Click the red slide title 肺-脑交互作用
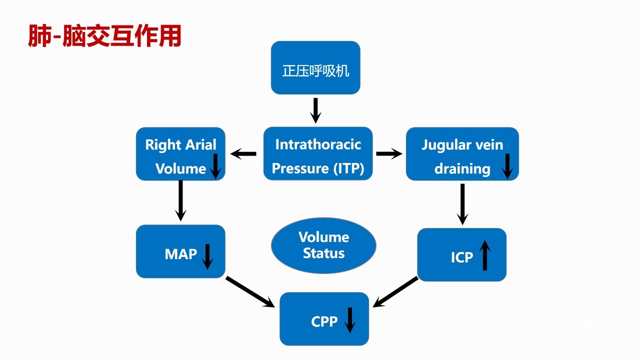104,36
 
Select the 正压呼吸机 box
315,67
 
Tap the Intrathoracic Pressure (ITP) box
318,153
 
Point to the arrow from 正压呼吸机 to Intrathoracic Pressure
315,110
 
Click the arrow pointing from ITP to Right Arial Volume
244,154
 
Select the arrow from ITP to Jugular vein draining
389,154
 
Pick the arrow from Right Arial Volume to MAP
180,200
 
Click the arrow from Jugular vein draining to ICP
462,203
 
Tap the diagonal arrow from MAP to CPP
250,291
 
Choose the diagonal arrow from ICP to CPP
395,291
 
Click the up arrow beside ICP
484,255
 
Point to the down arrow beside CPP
350,319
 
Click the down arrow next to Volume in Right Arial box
215,166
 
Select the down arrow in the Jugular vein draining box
507,166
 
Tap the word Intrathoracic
318,144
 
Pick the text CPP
324,321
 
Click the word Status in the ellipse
323,253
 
